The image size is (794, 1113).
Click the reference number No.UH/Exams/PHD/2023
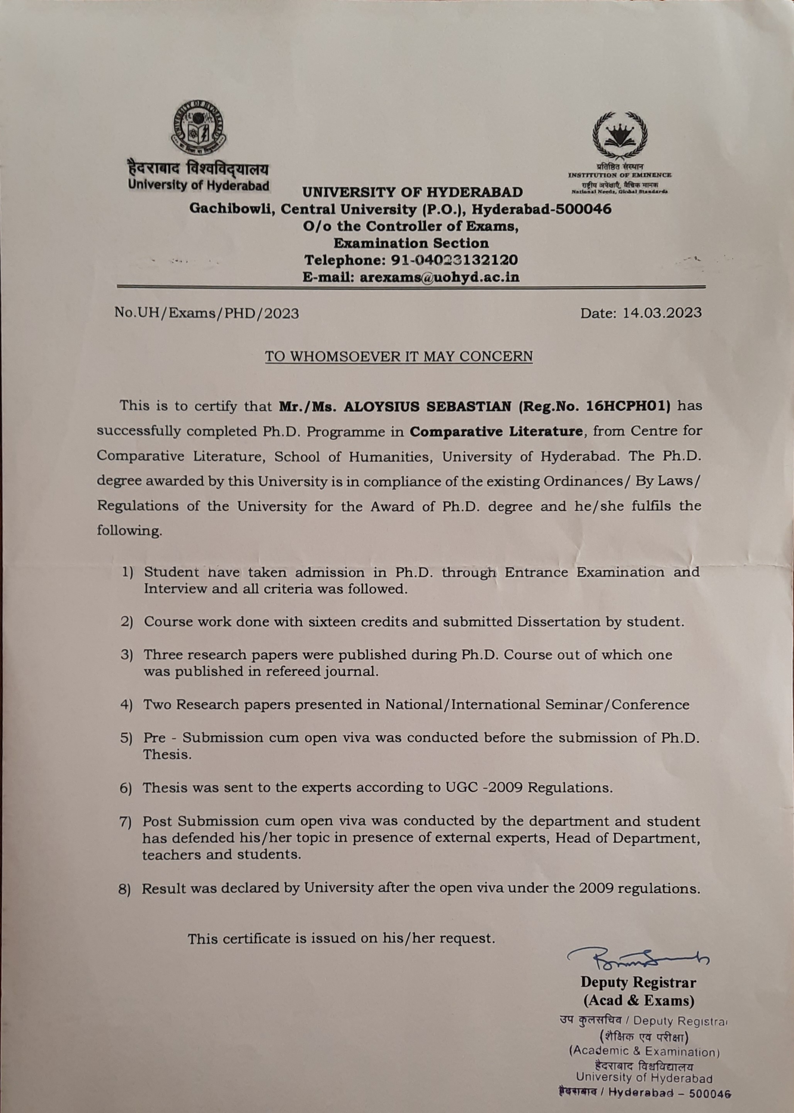point(206,313)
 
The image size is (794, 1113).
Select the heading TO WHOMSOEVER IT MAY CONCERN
point(398,356)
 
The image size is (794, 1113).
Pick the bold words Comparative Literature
point(496,431)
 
